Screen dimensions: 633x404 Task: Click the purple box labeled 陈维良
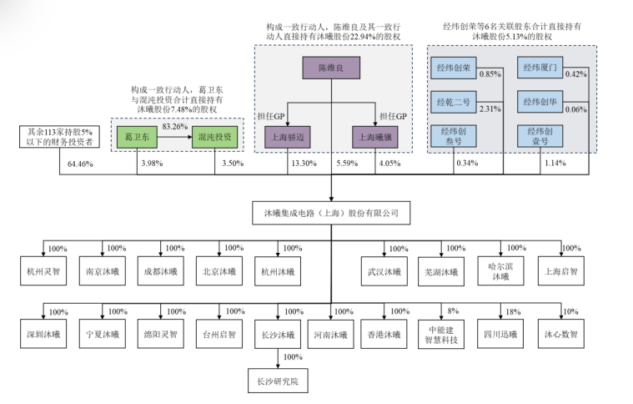coord(331,68)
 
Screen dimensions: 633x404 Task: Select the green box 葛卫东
coord(137,137)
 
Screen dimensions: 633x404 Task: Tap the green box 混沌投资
coord(214,137)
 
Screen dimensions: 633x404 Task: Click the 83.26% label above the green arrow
coord(175,126)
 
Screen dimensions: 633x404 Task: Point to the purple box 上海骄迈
coord(288,137)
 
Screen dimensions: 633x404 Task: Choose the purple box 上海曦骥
coord(375,137)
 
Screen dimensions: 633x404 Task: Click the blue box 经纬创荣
coord(454,68)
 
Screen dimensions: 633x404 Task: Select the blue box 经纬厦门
coord(540,68)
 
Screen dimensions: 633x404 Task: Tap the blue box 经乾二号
coord(454,102)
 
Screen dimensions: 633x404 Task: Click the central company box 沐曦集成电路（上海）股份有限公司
coord(331,213)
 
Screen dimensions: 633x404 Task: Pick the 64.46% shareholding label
coord(80,164)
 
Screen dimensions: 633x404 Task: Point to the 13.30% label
coord(304,164)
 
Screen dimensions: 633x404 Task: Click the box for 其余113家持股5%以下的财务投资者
coord(59,137)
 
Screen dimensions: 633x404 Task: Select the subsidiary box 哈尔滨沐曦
coord(500,271)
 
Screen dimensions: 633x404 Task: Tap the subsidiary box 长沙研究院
coord(278,381)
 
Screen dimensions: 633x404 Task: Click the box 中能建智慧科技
coord(441,335)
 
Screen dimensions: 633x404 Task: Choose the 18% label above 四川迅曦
coord(513,312)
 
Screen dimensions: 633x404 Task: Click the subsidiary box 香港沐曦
coord(384,335)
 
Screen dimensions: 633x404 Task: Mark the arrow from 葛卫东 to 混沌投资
coord(174,137)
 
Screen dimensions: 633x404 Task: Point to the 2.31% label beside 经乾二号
coord(490,109)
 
